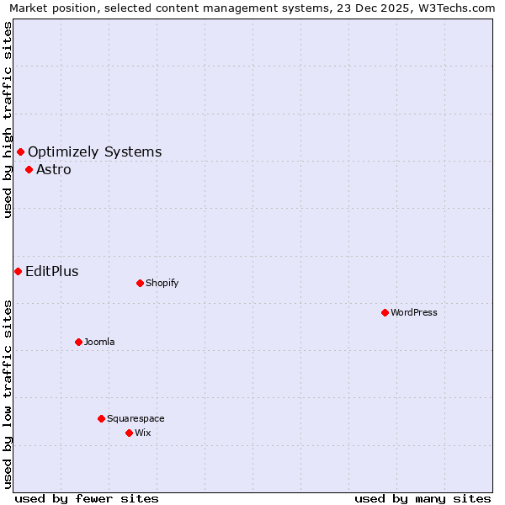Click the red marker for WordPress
pyautogui.click(x=385, y=312)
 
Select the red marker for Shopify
pyautogui.click(x=140, y=283)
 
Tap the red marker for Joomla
pyautogui.click(x=78, y=342)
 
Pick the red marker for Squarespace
pyautogui.click(x=101, y=418)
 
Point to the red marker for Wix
pyautogui.click(x=129, y=433)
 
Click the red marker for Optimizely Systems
pyautogui.click(x=20, y=151)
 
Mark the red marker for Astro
pyautogui.click(x=29, y=169)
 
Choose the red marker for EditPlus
pyautogui.click(x=18, y=271)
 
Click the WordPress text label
pyautogui.click(x=414, y=312)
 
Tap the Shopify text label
pyautogui.click(x=162, y=283)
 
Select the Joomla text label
pyautogui.click(x=99, y=342)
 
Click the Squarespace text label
pyautogui.click(x=136, y=418)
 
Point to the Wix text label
pyautogui.click(x=143, y=433)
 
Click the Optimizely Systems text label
pyautogui.click(x=95, y=151)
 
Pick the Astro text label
pyautogui.click(x=54, y=169)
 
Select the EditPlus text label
pyautogui.click(x=52, y=271)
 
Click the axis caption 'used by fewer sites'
pyautogui.click(x=87, y=498)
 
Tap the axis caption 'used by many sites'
pyautogui.click(x=423, y=498)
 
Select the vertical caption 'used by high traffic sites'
pyautogui.click(x=8, y=120)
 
